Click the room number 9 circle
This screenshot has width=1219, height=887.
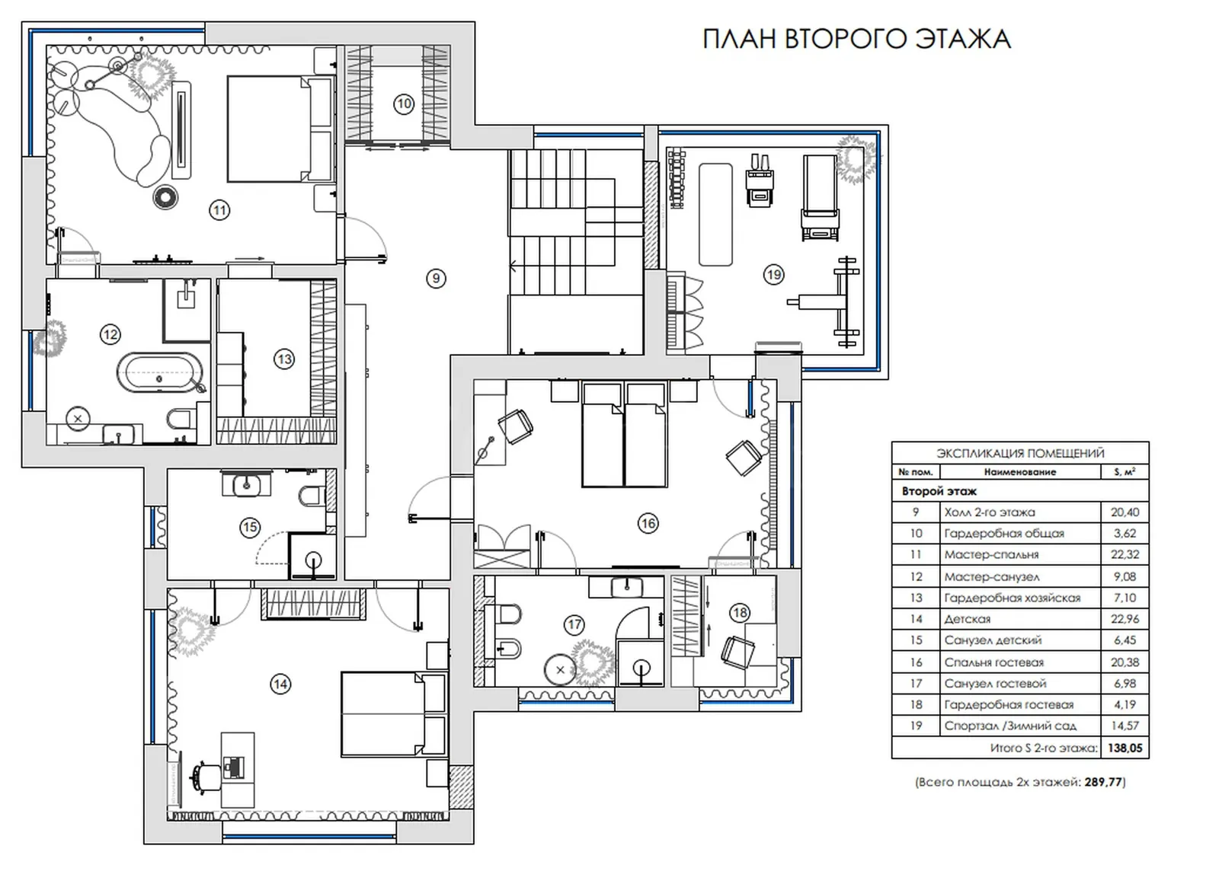coord(436,279)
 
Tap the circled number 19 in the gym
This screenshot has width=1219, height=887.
coord(773,275)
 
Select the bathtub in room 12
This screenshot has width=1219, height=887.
coord(160,373)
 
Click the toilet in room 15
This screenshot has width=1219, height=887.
coord(311,496)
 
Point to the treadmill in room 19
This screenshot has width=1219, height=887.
coord(820,197)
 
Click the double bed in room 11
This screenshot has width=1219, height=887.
coord(280,129)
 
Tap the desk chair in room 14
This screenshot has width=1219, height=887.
coord(206,776)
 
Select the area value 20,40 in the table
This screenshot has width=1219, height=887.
coord(1125,512)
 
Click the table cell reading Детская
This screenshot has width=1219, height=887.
coord(967,619)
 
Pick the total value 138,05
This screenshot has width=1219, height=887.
coord(1125,748)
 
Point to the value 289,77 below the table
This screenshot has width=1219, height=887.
coord(1103,782)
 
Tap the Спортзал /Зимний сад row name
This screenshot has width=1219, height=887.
coord(1010,726)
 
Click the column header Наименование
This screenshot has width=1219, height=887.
coord(1020,472)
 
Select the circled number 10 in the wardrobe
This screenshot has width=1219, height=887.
coord(404,104)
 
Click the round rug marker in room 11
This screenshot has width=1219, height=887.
coord(165,197)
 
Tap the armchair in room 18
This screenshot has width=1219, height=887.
coord(738,652)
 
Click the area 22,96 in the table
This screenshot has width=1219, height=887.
coord(1125,619)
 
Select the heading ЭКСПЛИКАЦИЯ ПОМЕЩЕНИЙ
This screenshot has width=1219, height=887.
coord(1020,453)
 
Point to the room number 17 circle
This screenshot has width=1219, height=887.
coord(574,624)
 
